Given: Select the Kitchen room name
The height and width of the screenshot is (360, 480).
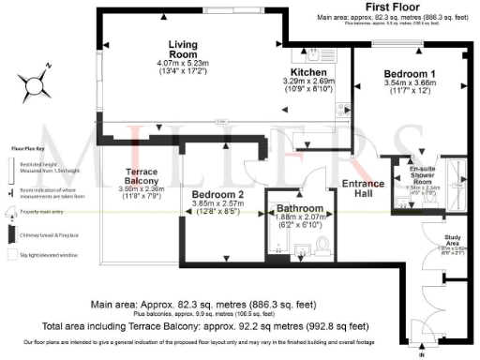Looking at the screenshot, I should pyautogui.click(x=308, y=71).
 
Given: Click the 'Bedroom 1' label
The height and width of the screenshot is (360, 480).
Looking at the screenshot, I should pyautogui.click(x=410, y=73).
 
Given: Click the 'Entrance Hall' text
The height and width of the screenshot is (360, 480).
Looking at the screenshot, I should pyautogui.click(x=361, y=189).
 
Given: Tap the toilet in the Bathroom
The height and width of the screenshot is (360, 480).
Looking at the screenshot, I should pyautogui.click(x=321, y=247).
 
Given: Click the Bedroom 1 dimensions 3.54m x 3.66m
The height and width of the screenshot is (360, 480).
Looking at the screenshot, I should pyautogui.click(x=410, y=84).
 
